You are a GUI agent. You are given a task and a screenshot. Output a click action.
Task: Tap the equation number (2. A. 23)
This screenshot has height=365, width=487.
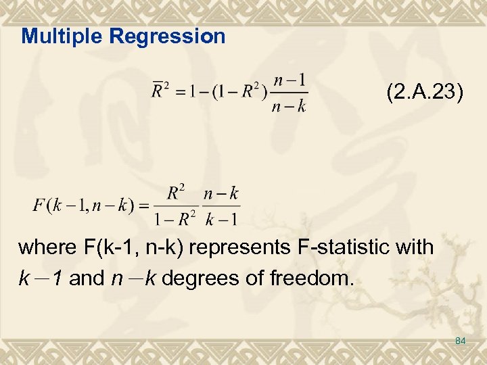tap(425, 92)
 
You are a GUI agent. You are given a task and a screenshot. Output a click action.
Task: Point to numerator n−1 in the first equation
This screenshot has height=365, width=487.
tap(292, 79)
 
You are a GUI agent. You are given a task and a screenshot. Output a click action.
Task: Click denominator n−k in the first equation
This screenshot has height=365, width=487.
tap(292, 105)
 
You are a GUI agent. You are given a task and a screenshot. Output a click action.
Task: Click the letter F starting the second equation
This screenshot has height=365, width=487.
tap(38, 205)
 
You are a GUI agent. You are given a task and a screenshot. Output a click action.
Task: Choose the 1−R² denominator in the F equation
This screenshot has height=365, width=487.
tap(175, 218)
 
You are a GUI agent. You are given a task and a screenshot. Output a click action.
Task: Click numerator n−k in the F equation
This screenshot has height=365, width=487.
tap(222, 194)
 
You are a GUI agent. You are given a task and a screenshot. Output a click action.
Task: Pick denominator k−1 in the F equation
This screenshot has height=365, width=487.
tap(222, 218)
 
